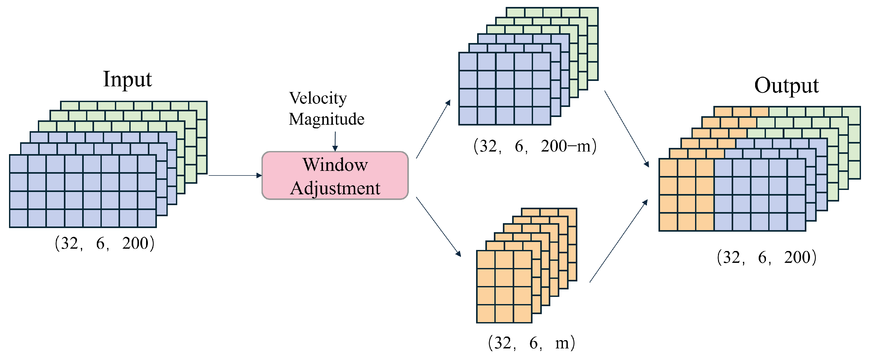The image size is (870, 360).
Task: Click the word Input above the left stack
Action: click(127, 79)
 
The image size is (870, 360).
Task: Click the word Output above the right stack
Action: click(786, 86)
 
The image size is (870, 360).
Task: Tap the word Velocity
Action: click(318, 98)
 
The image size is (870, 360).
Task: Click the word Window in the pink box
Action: click(335, 165)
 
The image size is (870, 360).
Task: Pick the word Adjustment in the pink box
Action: click(335, 188)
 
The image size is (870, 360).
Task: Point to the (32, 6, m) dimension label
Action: click(531, 343)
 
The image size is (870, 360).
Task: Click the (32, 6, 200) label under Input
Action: click(104, 243)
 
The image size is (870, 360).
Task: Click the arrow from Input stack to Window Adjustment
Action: click(235, 175)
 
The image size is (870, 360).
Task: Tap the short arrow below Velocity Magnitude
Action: click(335, 141)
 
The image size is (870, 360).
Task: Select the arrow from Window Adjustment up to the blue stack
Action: click(433, 129)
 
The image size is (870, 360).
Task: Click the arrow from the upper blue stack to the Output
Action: click(627, 129)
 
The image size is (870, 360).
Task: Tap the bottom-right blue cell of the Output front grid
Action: click(796, 222)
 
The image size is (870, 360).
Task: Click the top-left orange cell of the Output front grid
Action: click(668, 168)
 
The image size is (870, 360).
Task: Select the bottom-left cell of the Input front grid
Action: click(19, 218)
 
